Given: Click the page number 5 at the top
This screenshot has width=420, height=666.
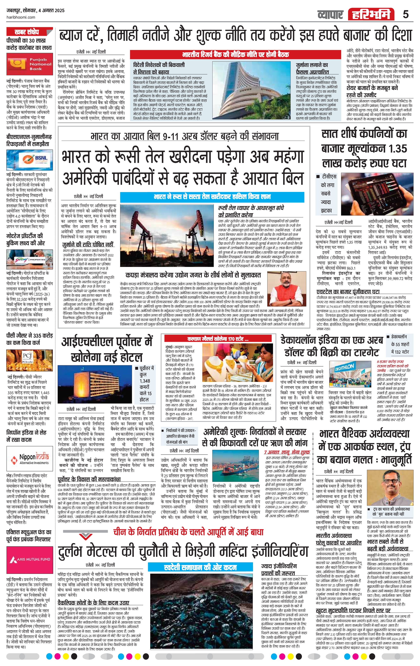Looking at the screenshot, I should tap(406, 14).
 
